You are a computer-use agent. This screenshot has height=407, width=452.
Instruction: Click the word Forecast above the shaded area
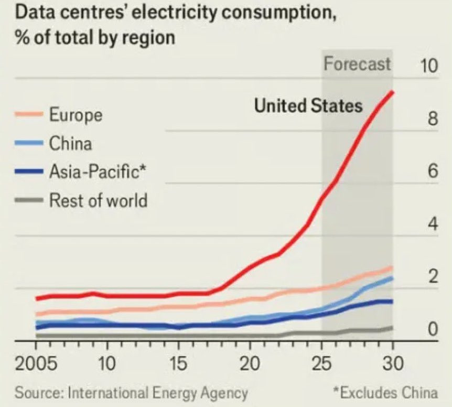[x=357, y=64]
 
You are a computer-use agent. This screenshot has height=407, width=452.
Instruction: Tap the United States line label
[x=308, y=106]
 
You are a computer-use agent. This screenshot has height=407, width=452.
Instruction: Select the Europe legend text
[x=76, y=115]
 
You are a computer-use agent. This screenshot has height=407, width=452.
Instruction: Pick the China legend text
[x=70, y=143]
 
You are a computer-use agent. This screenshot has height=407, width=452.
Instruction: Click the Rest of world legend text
[x=98, y=200]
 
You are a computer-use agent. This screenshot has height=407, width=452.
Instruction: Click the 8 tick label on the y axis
[x=432, y=119]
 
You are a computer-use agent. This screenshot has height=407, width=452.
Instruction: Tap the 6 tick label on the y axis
[x=432, y=172]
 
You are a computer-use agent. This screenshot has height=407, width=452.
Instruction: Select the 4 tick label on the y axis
[x=432, y=224]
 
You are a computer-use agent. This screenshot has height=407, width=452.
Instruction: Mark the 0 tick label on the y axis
[x=433, y=329]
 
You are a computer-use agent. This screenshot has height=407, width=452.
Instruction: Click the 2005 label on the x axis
[x=36, y=364]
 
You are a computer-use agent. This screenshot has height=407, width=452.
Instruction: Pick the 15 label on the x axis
[x=179, y=364]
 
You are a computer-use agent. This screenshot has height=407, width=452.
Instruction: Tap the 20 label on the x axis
[x=250, y=364]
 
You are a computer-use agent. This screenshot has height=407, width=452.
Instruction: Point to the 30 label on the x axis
[x=392, y=364]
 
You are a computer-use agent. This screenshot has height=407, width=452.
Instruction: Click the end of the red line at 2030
[x=393, y=92]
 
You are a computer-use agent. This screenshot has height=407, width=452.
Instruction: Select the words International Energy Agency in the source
[x=157, y=392]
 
